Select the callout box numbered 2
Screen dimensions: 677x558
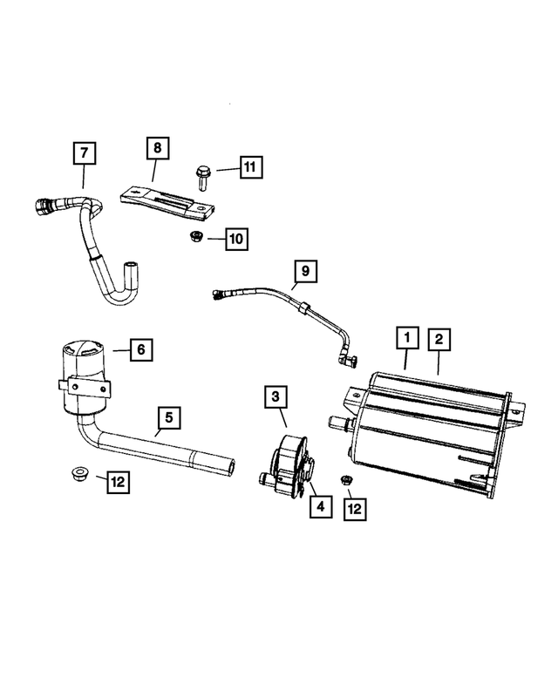438,337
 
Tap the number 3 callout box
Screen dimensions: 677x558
275,398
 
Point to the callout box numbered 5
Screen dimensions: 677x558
169,418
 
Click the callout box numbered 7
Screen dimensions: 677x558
84,154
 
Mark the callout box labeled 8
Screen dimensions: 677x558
157,148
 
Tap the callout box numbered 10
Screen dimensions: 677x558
236,238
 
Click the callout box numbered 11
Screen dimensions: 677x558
249,166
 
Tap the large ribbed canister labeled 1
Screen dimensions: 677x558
427,418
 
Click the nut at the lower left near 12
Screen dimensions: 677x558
77,475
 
